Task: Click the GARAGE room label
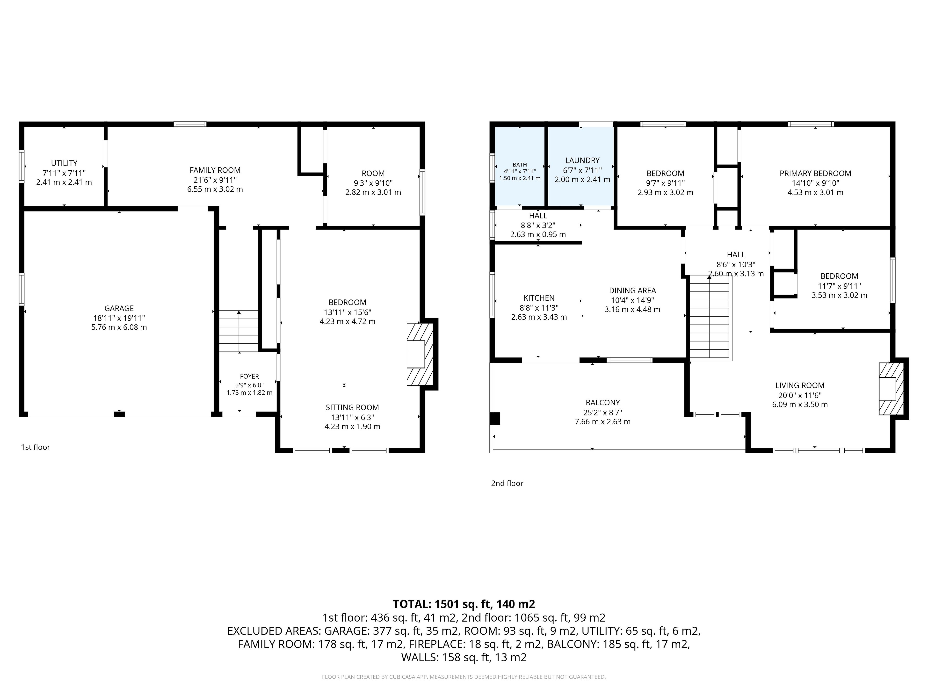[x=119, y=308]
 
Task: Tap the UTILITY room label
[x=64, y=163]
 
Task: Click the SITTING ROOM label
[x=352, y=407]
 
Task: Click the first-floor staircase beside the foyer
[x=239, y=331]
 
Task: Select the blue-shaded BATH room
[x=520, y=167]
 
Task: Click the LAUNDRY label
[x=582, y=160]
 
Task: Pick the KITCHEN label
[x=539, y=298]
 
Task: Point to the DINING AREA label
[x=632, y=290]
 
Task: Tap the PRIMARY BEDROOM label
[x=815, y=173]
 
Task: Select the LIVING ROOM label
[x=800, y=385]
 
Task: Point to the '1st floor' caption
[x=36, y=447]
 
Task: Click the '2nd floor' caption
[x=507, y=483]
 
